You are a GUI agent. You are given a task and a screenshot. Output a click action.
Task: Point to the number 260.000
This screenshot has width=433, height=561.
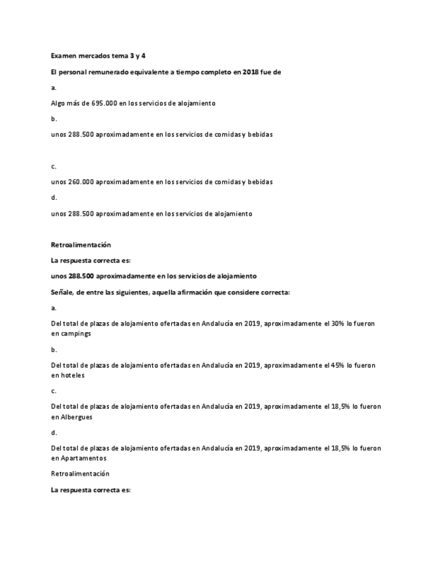(80, 181)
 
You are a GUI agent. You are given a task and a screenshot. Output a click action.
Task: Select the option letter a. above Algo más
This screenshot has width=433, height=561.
(54, 87)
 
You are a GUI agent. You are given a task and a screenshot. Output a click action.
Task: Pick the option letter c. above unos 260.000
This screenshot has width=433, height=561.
(54, 166)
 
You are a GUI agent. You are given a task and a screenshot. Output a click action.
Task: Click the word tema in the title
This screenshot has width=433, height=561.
(122, 56)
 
